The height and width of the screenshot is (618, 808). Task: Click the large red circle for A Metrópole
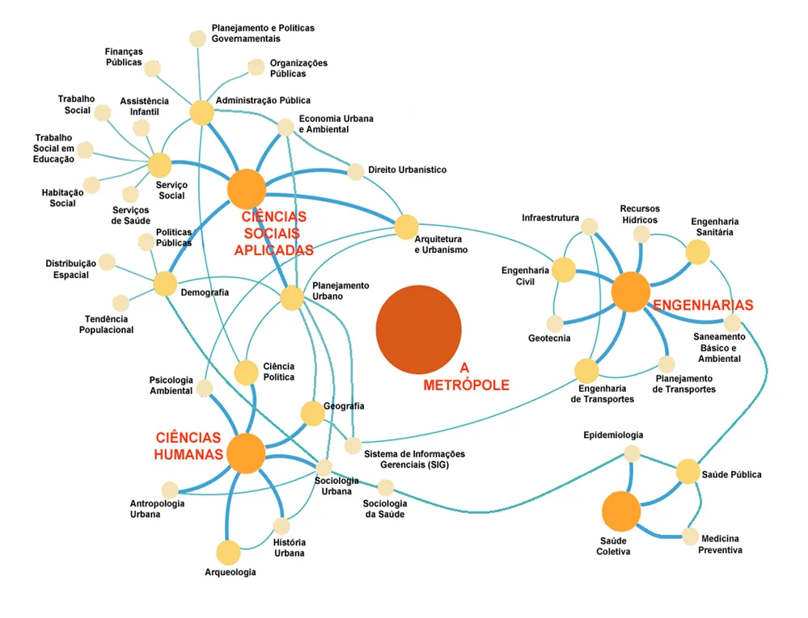(418, 330)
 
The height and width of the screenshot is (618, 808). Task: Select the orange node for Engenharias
(631, 292)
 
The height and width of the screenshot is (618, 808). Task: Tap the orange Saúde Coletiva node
(621, 511)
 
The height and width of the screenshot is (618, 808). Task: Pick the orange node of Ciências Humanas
(247, 453)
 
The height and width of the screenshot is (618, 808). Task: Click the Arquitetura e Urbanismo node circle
(406, 227)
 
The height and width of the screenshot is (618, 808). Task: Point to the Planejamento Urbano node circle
(292, 298)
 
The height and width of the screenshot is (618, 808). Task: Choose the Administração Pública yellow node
(202, 112)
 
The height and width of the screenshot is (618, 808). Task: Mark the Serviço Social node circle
(160, 165)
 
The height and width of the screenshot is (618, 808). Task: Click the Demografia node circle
(165, 284)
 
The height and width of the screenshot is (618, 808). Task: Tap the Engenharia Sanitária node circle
(698, 252)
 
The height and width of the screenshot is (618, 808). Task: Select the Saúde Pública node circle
(687, 471)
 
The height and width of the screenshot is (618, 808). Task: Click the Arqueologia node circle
(228, 553)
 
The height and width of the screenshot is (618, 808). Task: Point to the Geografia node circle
(312, 413)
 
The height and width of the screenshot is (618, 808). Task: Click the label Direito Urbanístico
(407, 170)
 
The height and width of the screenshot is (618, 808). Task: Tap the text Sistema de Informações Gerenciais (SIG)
(414, 459)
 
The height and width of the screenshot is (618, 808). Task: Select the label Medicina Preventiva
(720, 544)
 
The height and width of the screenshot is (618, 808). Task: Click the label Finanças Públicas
(124, 57)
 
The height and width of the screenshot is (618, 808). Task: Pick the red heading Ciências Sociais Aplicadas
(273, 233)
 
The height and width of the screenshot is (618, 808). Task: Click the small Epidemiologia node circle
(632, 453)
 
